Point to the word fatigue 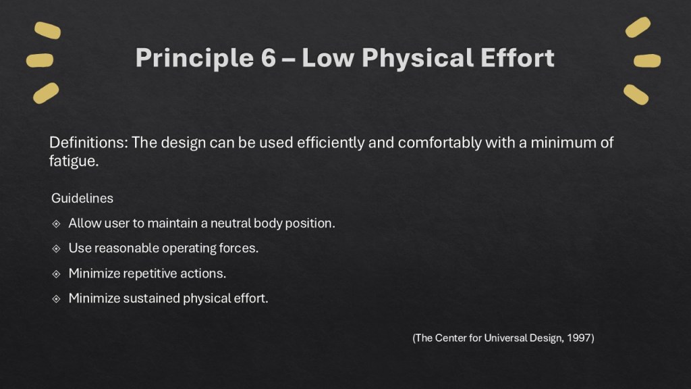pyautogui.click(x=71, y=162)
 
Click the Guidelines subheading pyautogui.click(x=82, y=199)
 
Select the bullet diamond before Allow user pyautogui.click(x=57, y=224)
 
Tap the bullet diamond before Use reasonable pyautogui.click(x=57, y=249)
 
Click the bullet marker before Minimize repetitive pyautogui.click(x=57, y=274)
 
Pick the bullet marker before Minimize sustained pyautogui.click(x=57, y=299)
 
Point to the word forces pyautogui.click(x=239, y=248)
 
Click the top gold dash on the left pyautogui.click(x=47, y=30)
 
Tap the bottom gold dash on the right pyautogui.click(x=636, y=94)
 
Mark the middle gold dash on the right pyautogui.click(x=647, y=61)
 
